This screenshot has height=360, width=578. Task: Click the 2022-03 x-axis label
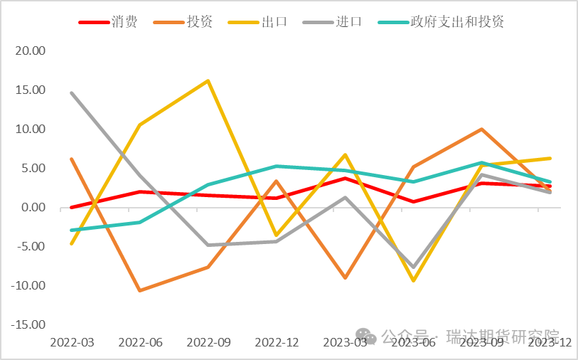coord(72,342)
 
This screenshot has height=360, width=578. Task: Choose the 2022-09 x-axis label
coord(208,342)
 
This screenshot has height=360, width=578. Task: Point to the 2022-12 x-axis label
coord(277,342)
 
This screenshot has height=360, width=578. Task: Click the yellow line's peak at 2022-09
coord(208,80)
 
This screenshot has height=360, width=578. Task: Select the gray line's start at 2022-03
coord(72,92)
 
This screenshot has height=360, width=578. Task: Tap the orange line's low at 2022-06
coord(140,290)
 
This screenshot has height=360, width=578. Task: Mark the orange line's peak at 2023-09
coord(482,129)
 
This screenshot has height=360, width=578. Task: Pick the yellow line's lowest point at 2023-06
coord(414,280)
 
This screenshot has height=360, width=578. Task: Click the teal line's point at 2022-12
coord(277,166)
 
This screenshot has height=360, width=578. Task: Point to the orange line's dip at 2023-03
coord(346,277)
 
